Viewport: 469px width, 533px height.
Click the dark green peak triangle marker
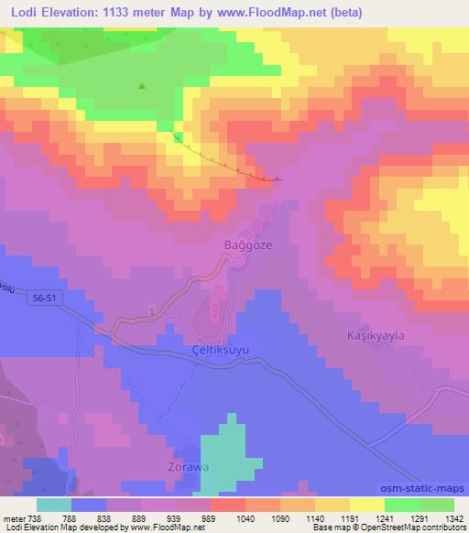[x=141, y=87]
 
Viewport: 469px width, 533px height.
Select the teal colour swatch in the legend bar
[x=54, y=505]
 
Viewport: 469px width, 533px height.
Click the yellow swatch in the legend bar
[x=365, y=505]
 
